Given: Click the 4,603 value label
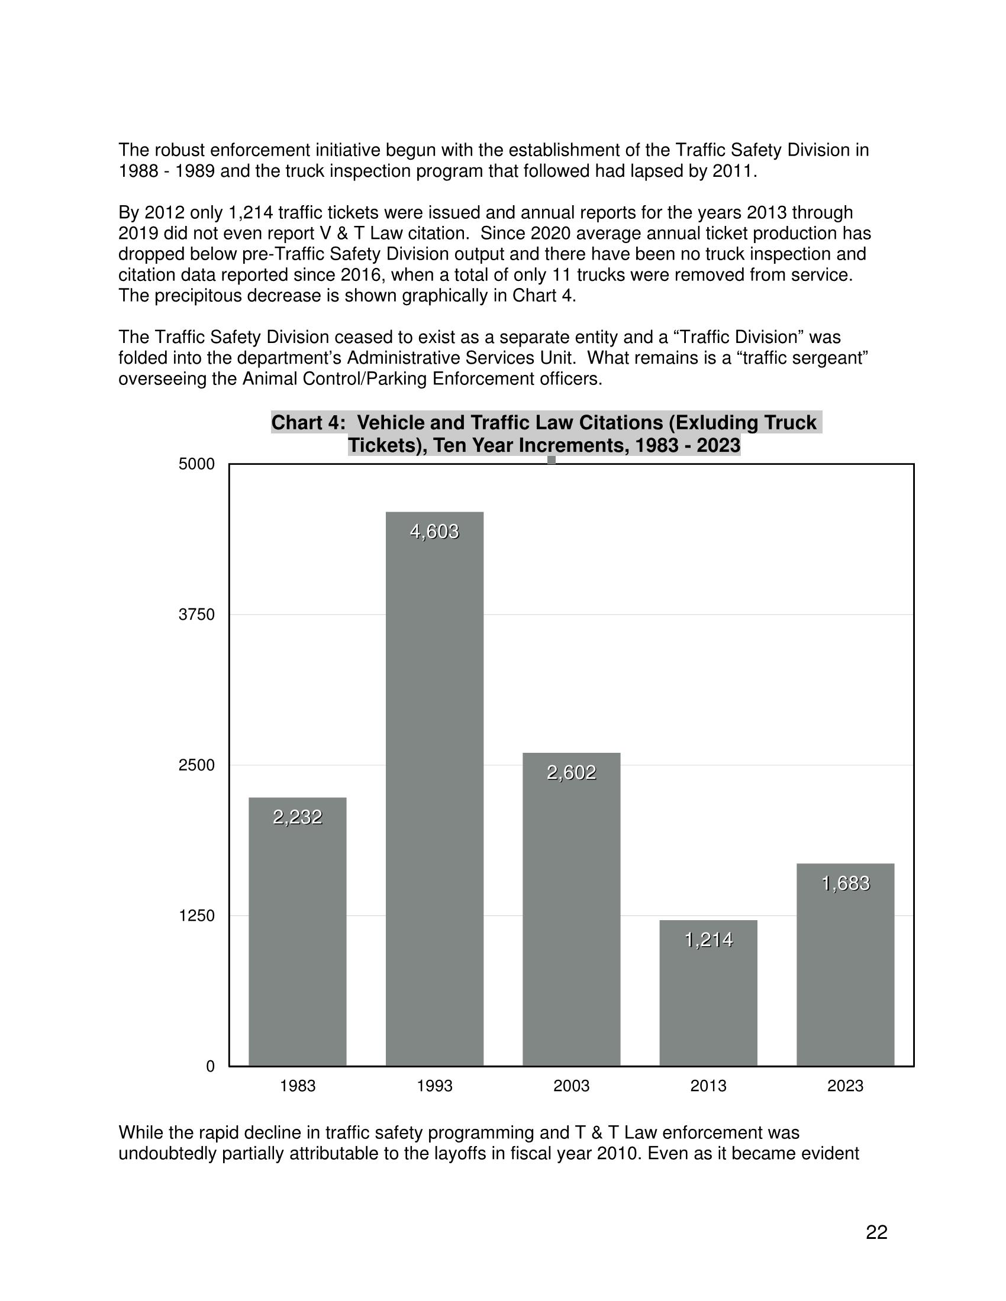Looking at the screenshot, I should click(x=434, y=532).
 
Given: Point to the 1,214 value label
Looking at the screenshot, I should click(x=708, y=940).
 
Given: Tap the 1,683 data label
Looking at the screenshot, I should click(x=845, y=883).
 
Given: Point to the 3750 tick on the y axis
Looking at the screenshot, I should click(x=196, y=615).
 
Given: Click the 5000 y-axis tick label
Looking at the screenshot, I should click(x=196, y=464).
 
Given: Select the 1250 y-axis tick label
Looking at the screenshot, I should click(x=196, y=915).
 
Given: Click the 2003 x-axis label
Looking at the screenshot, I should click(x=572, y=1086).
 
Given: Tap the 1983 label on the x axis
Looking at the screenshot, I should click(x=298, y=1086).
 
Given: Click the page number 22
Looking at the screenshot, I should click(x=876, y=1232).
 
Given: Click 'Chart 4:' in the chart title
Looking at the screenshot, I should click(x=308, y=423).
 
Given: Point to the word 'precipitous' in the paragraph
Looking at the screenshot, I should click(x=200, y=296).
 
